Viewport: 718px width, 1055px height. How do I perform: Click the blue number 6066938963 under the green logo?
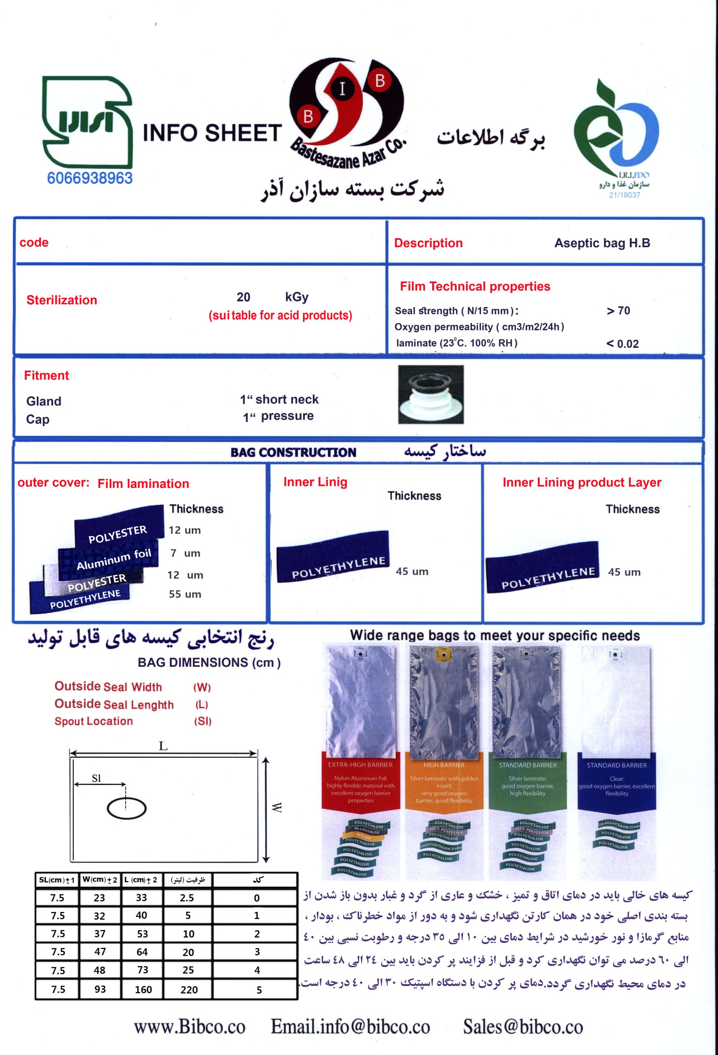[89, 178]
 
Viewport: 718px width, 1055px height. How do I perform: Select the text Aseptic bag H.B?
[602, 243]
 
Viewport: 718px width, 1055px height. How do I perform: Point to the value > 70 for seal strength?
[618, 311]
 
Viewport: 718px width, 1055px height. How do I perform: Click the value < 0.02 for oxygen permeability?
[622, 344]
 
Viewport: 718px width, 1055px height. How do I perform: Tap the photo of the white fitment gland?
[431, 395]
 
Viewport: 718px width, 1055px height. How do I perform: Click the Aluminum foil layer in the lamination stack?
[113, 559]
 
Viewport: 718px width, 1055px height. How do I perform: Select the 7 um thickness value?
[185, 553]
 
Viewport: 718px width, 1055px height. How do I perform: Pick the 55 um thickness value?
[185, 594]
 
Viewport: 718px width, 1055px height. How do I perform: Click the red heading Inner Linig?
[315, 482]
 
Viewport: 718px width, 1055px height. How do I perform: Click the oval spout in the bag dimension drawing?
[127, 809]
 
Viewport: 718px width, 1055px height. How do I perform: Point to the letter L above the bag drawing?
[163, 746]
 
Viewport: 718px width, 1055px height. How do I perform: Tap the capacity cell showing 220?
[189, 990]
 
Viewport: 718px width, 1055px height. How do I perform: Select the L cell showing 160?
[143, 990]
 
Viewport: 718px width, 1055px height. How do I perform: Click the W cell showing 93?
[100, 989]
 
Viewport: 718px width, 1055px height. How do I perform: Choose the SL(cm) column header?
[57, 880]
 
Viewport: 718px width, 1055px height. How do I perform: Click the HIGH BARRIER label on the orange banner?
[443, 765]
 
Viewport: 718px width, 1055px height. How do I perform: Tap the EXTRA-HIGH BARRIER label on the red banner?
[360, 765]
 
